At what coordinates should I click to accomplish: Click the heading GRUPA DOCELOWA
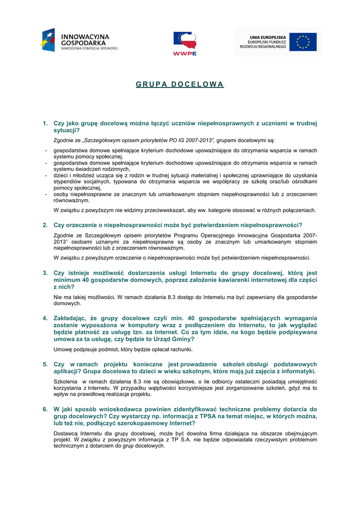tap(180, 84)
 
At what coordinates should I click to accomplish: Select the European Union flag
tap(303, 42)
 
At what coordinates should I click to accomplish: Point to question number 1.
tap(45, 123)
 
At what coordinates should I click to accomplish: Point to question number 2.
tap(45, 225)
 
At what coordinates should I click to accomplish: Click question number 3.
tap(45, 273)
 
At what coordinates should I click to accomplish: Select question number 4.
tap(45, 318)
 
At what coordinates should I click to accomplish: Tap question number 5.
tap(45, 364)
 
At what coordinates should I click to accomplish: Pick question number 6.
tap(45, 409)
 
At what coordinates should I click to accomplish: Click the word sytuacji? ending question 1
tap(67, 130)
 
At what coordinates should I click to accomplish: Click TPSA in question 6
tap(209, 416)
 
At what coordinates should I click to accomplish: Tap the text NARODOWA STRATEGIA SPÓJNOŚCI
tap(90, 48)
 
